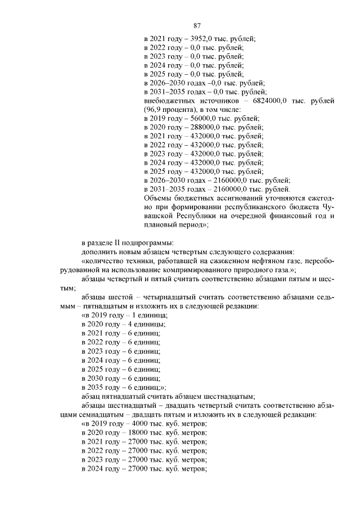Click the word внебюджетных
coord(166,100)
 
